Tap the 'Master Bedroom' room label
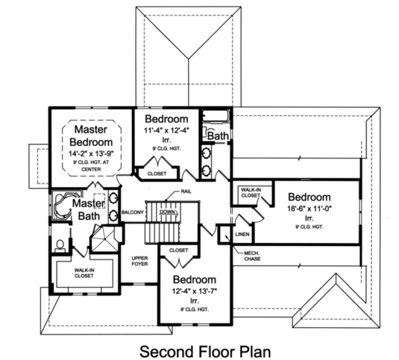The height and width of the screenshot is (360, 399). pos(91,136)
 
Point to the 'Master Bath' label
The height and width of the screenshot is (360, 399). pos(88,209)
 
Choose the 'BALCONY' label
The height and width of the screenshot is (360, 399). pos(132,212)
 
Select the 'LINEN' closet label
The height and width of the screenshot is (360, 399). pos(242,235)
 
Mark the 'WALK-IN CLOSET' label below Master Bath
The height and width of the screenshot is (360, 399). pos(84,273)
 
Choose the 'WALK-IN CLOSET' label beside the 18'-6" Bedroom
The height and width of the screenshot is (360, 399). pos(250,192)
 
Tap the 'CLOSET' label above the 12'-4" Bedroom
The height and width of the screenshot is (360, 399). pos(178,250)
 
